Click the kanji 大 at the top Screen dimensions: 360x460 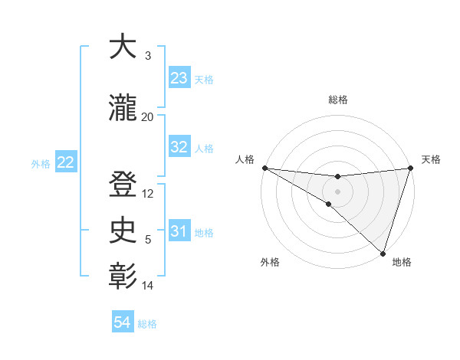[x=123, y=47]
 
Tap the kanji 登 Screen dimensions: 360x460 [x=123, y=186]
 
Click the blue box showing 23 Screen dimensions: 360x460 [x=179, y=78]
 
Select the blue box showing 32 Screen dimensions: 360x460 [x=179, y=148]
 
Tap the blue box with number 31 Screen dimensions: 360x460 [x=179, y=231]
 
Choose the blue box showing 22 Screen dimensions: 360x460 [x=66, y=162]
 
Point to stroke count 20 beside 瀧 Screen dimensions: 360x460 [x=148, y=116]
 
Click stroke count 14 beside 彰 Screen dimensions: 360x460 [x=148, y=286]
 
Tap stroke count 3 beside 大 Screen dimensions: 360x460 [x=148, y=55]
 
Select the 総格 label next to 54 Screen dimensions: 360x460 [x=147, y=324]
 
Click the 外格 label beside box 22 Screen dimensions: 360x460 [x=41, y=163]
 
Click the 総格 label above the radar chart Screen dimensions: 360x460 [x=338, y=100]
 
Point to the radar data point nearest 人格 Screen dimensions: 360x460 [x=264, y=168]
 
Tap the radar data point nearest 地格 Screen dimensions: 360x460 [x=383, y=253]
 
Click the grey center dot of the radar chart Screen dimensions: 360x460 [x=337, y=191]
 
